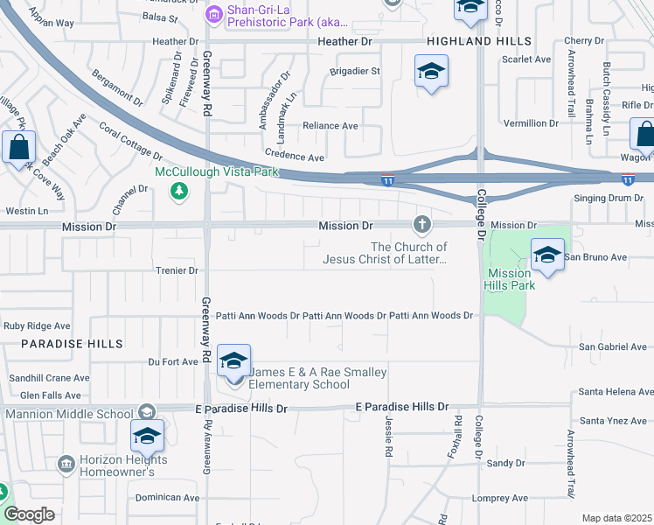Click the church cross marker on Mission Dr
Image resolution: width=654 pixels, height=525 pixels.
422,225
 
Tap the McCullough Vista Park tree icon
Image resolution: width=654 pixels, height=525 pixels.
179,190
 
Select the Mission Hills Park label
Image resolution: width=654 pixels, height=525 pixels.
510,279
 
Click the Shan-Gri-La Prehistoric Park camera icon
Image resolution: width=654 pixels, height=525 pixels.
214,15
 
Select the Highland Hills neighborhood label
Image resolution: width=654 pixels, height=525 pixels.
478,42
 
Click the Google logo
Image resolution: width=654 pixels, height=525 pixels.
29,514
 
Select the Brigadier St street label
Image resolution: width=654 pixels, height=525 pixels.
355,71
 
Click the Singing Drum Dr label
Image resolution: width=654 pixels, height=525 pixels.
609,198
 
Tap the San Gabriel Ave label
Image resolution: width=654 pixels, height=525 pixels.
612,347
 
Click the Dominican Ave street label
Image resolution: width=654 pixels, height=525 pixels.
168,497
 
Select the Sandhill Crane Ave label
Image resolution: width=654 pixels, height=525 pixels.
49,378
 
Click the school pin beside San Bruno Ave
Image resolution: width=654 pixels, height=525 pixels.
547,255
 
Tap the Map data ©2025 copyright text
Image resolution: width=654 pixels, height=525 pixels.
616,518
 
